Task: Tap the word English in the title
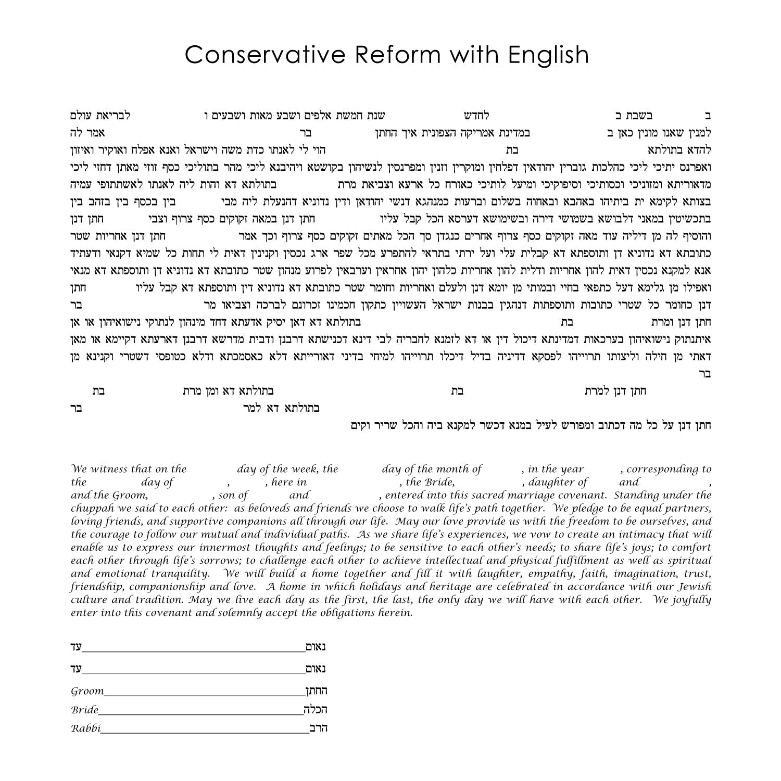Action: click(x=548, y=55)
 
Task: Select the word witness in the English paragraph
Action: click(x=109, y=469)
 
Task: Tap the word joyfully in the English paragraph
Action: click(x=690, y=600)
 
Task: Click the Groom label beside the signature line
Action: click(x=87, y=691)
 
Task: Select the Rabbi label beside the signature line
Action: click(x=86, y=728)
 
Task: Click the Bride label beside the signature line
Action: click(x=85, y=710)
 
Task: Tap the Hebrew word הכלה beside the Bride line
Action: click(x=316, y=710)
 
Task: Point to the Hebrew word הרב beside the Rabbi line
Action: click(x=318, y=728)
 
